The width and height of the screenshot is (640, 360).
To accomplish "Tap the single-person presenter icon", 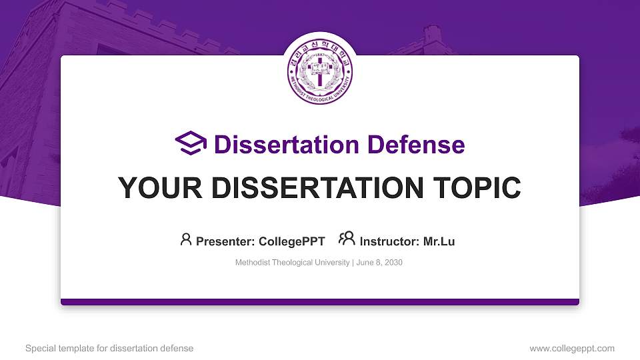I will (186, 239).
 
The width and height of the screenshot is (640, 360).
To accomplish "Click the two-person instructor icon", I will (347, 239).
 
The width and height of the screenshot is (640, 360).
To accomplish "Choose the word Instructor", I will (387, 241).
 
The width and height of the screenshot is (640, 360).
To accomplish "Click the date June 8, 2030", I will (379, 263).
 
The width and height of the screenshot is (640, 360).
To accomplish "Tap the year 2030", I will (393, 263).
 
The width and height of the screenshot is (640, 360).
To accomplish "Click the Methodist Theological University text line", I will (292, 263).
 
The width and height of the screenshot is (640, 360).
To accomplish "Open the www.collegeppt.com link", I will (572, 348).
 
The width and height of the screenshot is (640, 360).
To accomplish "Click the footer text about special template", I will (109, 348).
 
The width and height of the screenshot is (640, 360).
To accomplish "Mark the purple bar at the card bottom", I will (320, 302).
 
